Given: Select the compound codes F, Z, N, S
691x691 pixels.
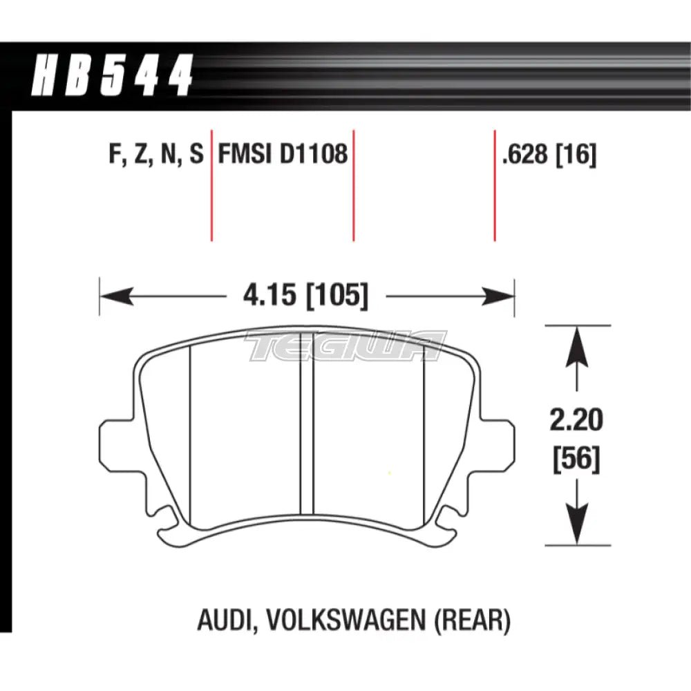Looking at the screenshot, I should [156, 154].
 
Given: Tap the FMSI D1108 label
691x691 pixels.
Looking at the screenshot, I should [283, 154].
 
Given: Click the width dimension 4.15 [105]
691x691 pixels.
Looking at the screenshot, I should [305, 297].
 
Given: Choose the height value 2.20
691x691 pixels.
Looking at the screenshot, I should [576, 419].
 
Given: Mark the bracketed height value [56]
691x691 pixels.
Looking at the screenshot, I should [576, 458].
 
